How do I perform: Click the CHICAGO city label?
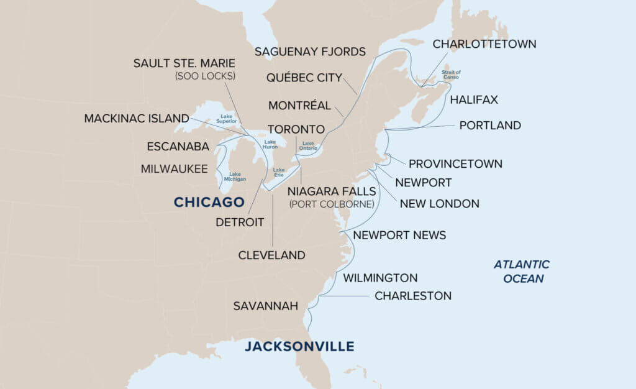[x=209, y=202]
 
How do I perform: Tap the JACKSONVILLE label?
[x=299, y=346]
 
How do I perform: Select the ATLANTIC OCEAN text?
[x=522, y=272]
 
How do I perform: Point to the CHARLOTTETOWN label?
[x=484, y=44]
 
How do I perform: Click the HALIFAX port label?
[x=474, y=99]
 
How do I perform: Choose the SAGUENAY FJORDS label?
[x=311, y=52]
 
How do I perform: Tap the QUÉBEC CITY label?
[x=304, y=78]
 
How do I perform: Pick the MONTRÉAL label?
[x=300, y=105]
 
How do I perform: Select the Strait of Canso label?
[x=452, y=75]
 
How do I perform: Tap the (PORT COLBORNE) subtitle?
[x=331, y=204]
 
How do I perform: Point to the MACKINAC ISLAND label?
[x=137, y=118]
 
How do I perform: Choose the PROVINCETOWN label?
[x=455, y=164]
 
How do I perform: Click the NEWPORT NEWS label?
[x=399, y=236]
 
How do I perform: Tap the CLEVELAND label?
[x=272, y=255]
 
